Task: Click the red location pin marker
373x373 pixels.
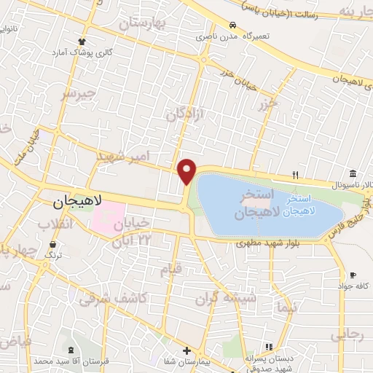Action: click(187, 171)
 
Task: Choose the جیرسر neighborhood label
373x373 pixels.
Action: click(77, 94)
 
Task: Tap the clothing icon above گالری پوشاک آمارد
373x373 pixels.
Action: click(82, 42)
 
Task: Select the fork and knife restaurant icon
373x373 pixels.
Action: click(295, 174)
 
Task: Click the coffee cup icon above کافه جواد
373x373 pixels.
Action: click(353, 275)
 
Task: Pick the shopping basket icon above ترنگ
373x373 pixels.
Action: click(52, 246)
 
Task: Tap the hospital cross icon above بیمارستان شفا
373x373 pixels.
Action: click(186, 350)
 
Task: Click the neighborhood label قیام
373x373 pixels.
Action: click(169, 269)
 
